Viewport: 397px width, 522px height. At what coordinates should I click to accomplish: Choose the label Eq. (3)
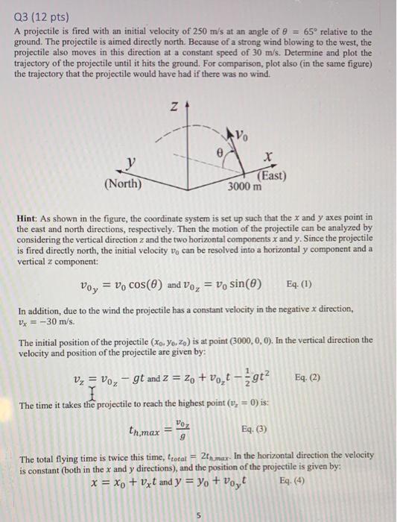(256, 429)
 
